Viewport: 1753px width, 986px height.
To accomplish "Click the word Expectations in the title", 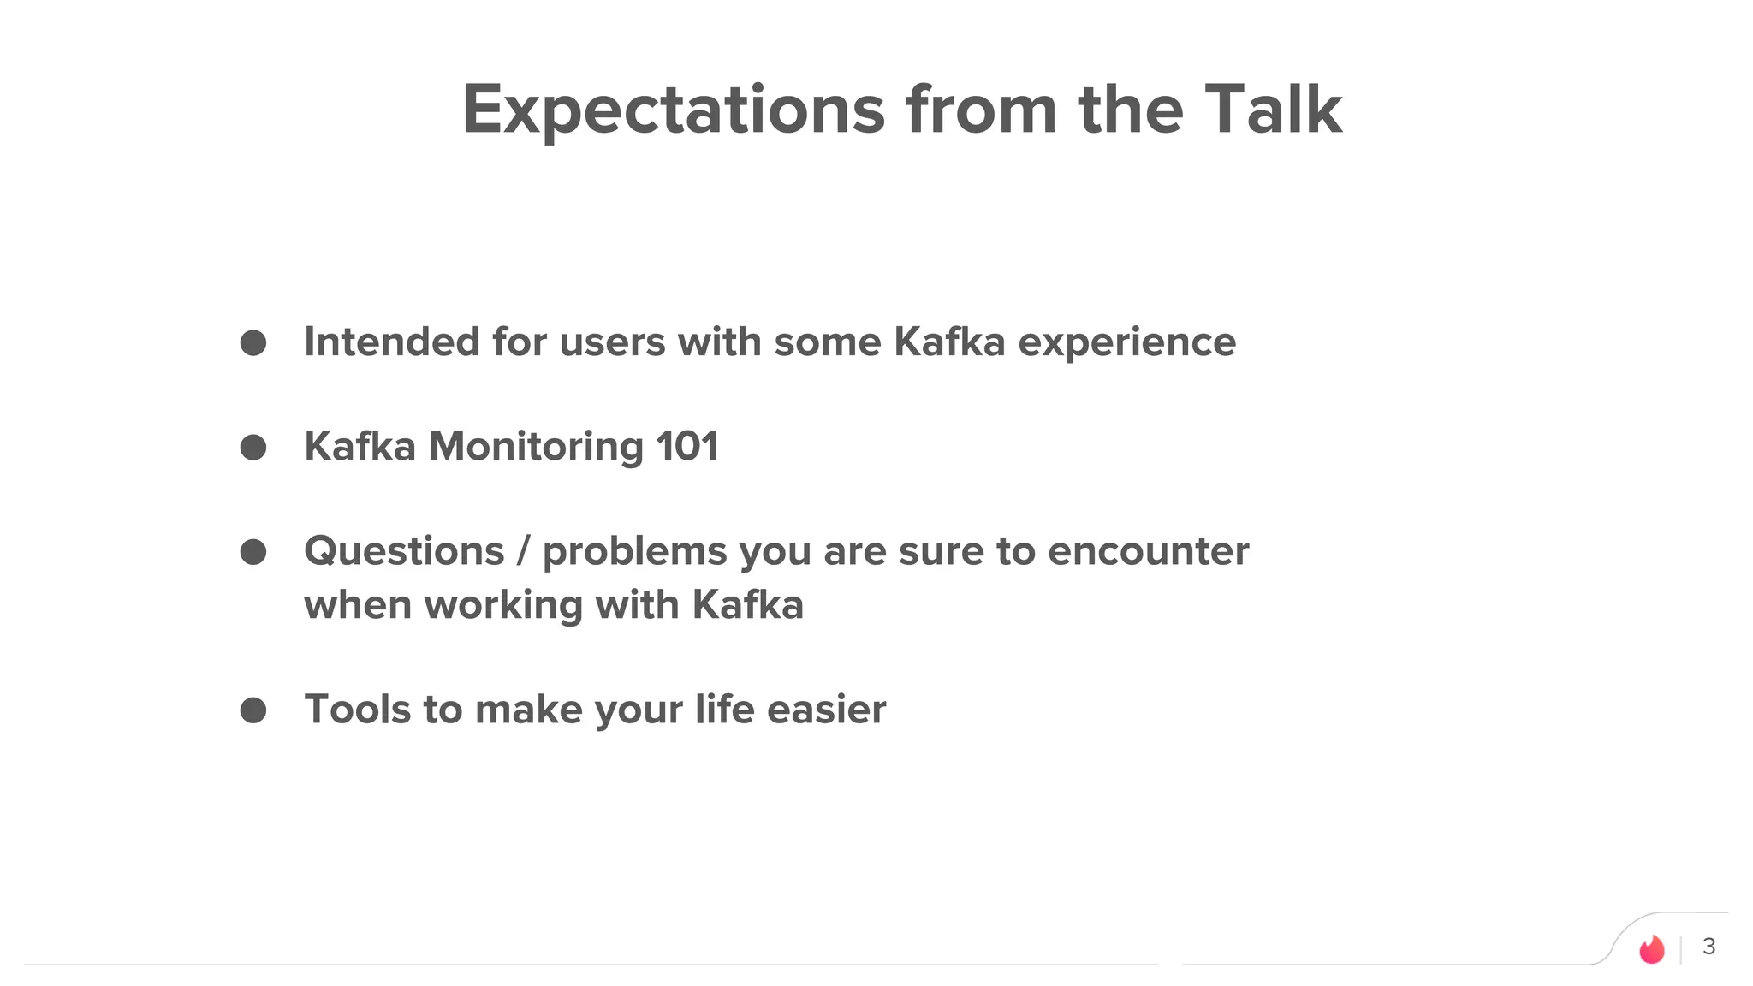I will [673, 111].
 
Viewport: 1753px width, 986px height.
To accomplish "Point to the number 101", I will [686, 447].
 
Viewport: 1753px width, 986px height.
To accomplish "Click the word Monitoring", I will [536, 448].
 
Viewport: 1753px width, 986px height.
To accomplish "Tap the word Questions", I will [404, 551].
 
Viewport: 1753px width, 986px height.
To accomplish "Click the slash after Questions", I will [523, 551].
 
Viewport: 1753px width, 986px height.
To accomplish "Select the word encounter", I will [1148, 551].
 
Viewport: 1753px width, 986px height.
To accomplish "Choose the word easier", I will [826, 710].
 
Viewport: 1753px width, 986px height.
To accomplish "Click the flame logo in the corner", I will [1651, 948].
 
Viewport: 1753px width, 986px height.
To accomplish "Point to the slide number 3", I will [1708, 947].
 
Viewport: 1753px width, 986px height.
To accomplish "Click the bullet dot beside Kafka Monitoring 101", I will [253, 448].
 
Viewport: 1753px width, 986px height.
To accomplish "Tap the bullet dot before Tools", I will [253, 710].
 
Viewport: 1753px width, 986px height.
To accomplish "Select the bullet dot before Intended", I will [253, 343].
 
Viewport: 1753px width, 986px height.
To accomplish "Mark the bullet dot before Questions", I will [253, 552].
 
